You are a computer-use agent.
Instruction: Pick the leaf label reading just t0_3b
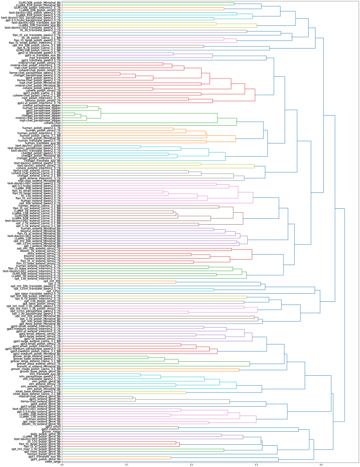[x=57, y=32]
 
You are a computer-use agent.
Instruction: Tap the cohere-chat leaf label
[x=53, y=123]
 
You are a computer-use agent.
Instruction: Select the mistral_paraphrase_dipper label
[x=44, y=106]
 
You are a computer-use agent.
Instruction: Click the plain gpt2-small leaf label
[x=53, y=427]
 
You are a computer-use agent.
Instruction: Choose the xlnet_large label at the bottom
[x=53, y=462]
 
